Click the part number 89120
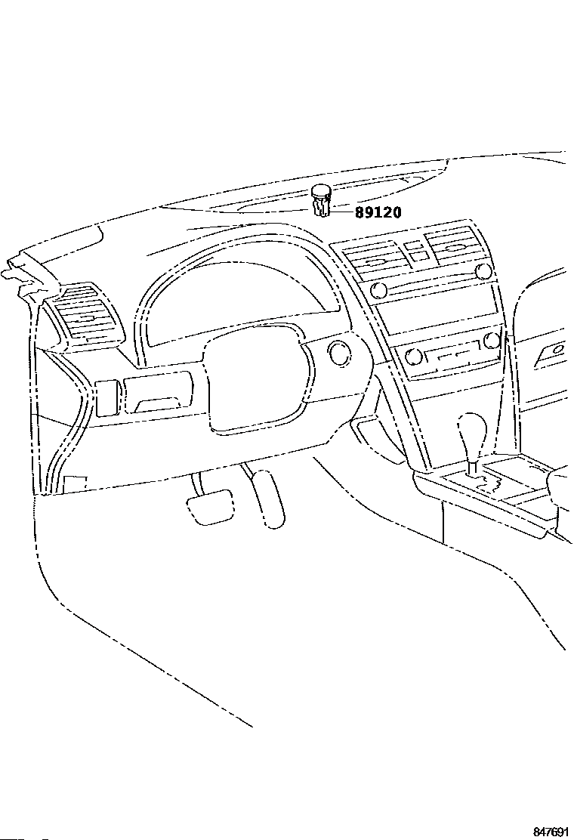point(378,212)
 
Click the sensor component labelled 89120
point(321,199)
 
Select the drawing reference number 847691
point(550,832)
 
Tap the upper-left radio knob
point(380,291)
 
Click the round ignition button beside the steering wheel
point(340,351)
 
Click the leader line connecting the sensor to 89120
point(342,212)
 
